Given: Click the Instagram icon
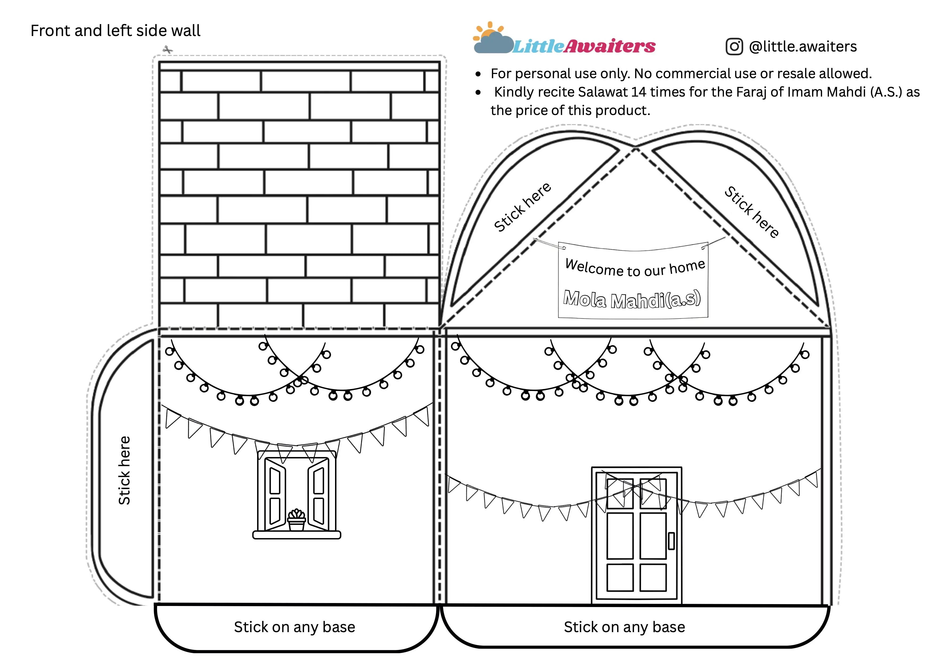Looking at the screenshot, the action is (734, 46).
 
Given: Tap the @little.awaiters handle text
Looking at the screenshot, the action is (803, 46).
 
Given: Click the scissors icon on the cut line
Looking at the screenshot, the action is (168, 50).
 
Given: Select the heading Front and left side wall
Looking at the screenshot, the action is (115, 31).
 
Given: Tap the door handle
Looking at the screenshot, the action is (671, 541).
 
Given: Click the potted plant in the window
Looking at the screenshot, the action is (296, 520).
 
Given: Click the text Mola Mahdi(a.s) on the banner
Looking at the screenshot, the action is (632, 299).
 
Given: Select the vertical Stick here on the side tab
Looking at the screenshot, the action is (124, 470).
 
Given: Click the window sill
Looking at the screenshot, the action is (297, 535).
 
